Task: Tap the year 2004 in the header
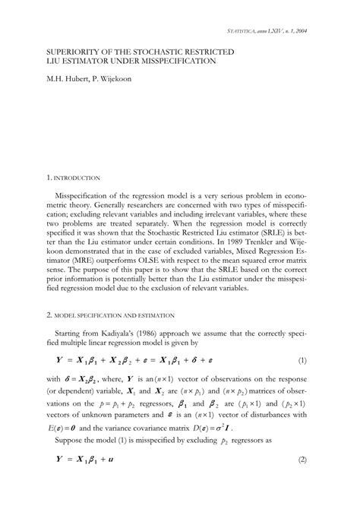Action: [x=307, y=31]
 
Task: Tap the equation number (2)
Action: [x=302, y=481]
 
